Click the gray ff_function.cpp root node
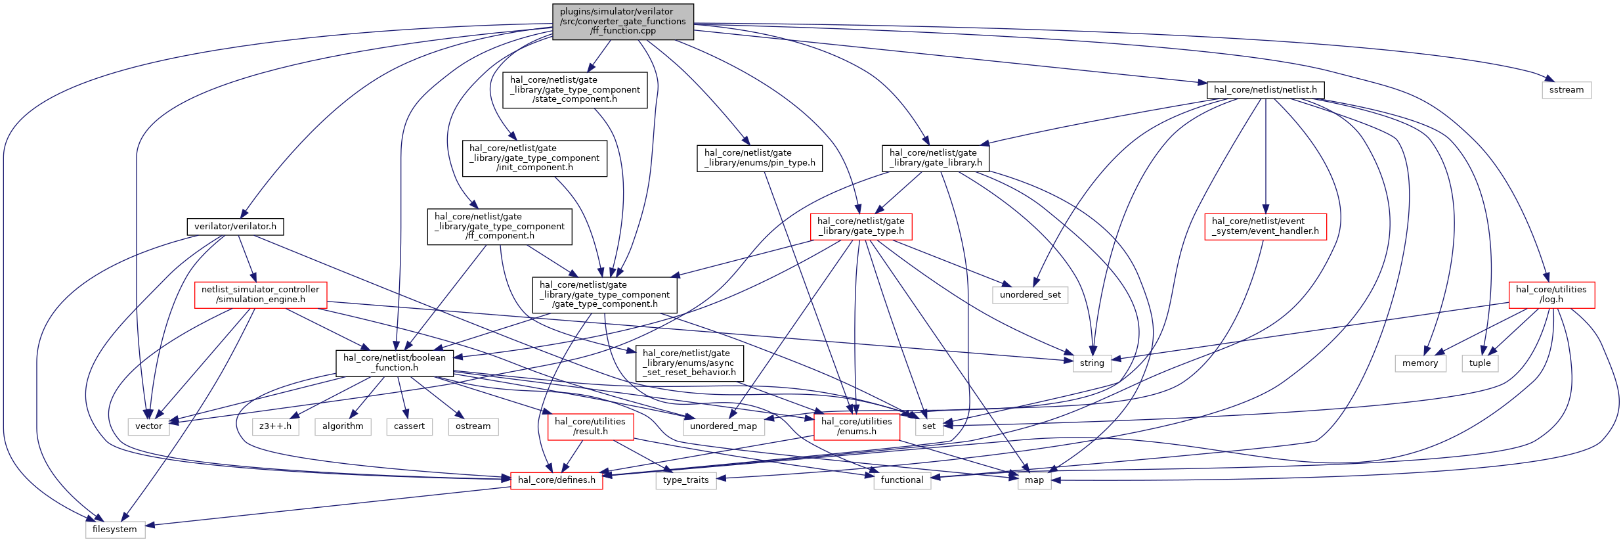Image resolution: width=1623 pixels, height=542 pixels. click(622, 21)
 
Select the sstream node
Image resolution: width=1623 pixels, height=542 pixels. click(1566, 90)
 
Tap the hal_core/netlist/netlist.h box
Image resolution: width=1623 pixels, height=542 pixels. click(1265, 90)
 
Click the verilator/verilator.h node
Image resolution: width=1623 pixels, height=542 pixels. click(235, 227)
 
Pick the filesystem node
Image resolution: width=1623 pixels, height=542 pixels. click(115, 530)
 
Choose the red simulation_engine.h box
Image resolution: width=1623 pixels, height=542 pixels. click(261, 294)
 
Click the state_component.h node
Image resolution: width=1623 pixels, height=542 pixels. click(574, 90)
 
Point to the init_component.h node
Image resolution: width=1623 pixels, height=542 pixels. click(534, 158)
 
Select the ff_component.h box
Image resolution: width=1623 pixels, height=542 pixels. click(500, 227)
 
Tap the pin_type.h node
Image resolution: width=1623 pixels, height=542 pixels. click(760, 158)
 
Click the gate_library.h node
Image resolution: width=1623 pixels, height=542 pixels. click(936, 158)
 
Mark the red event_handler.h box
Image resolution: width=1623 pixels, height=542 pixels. click(1265, 227)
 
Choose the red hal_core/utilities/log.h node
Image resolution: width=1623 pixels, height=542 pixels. click(1551, 294)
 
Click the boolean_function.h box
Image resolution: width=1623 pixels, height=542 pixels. click(395, 363)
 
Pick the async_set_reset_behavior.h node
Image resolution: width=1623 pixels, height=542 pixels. click(689, 363)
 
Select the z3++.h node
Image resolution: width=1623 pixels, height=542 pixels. click(276, 426)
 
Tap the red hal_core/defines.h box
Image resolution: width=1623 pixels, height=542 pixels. click(557, 480)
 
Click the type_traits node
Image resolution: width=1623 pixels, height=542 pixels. click(686, 480)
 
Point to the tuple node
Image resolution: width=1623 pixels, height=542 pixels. click(1480, 363)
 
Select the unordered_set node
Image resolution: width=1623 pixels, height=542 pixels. click(1030, 295)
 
